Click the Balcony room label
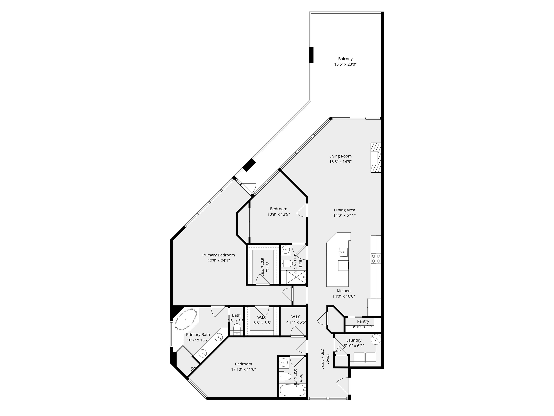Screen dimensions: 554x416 pos(345,59)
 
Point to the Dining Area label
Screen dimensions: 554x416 pos(344,210)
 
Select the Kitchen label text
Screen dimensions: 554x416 pos(344,291)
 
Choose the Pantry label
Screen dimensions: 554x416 pos(363,321)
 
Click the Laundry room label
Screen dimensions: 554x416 pos(354,340)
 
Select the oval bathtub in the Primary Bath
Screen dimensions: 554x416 pos(186,319)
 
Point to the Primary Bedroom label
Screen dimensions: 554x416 pos(218,255)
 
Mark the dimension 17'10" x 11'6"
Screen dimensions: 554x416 pos(243,369)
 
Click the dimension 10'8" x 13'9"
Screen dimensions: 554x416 pos(278,214)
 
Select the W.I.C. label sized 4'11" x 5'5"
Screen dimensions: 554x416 pos(296,317)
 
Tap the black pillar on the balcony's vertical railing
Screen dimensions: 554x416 pos(311,55)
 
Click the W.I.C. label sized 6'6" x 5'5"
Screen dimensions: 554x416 pos(262,317)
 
